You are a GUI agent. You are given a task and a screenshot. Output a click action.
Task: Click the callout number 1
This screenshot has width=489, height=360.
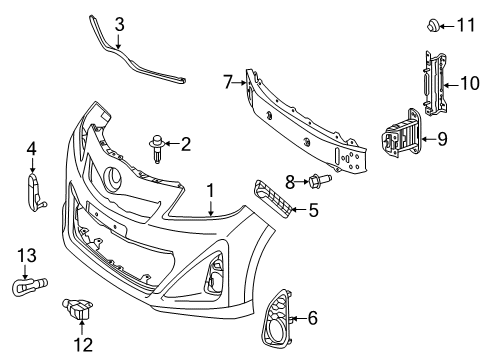click(211, 190)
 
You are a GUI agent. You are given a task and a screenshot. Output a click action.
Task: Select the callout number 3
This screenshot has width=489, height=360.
click(119, 23)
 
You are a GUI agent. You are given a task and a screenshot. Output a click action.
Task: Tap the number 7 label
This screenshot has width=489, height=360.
click(228, 79)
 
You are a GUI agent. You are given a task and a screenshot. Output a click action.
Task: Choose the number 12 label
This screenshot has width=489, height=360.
click(76, 342)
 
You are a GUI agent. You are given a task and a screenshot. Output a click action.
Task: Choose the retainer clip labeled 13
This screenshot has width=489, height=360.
click(25, 288)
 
